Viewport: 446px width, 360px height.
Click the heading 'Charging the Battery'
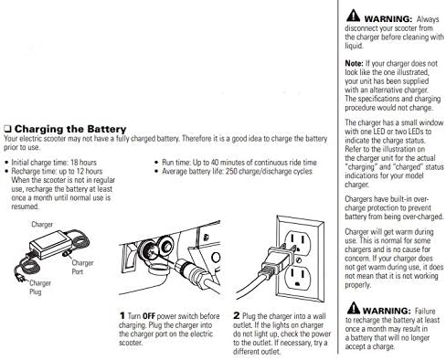tap(70, 129)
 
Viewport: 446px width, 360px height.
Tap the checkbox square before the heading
tap(7, 129)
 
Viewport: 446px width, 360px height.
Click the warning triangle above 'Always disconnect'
tap(353, 16)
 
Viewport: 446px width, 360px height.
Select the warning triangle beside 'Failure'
tap(354, 308)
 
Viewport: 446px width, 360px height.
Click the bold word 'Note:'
tap(354, 63)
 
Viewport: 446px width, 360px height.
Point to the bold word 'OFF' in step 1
tap(149, 316)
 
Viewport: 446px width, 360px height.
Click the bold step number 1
tap(122, 316)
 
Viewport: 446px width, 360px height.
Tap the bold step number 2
tap(237, 315)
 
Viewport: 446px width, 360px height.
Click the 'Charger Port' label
tap(82, 267)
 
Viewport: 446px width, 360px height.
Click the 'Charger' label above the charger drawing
tap(42, 225)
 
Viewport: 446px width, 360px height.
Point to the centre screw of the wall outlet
tap(299, 260)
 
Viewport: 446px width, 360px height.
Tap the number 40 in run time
tap(215, 163)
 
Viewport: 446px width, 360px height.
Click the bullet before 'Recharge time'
tap(6, 172)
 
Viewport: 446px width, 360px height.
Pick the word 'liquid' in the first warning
tap(354, 46)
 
